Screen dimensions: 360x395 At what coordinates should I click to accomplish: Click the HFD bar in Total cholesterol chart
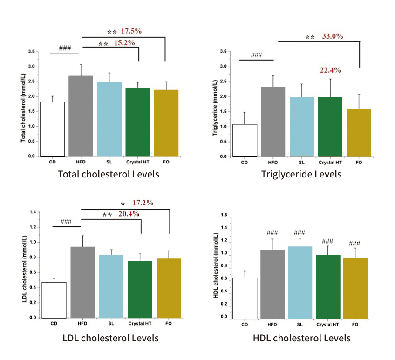pyautogui.click(x=81, y=116)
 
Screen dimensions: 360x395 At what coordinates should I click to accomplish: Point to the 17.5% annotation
pyautogui.click(x=131, y=31)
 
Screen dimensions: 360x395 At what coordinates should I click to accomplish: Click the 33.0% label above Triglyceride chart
pyautogui.click(x=333, y=36)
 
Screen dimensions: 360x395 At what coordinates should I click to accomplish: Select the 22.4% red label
pyautogui.click(x=330, y=70)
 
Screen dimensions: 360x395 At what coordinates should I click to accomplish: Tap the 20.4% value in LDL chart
pyautogui.click(x=129, y=214)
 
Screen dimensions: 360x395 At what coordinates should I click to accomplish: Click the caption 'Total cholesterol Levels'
pyautogui.click(x=108, y=174)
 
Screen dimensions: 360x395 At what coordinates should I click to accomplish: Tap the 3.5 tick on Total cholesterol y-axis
pyautogui.click(x=32, y=52)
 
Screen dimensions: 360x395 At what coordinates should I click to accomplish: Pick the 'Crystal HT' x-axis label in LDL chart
pyautogui.click(x=140, y=323)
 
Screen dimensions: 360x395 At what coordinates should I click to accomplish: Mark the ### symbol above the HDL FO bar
pyautogui.click(x=354, y=243)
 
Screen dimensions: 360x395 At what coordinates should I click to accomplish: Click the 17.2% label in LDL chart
pyautogui.click(x=143, y=203)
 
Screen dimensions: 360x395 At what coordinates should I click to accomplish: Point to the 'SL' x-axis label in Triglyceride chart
pyautogui.click(x=302, y=162)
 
